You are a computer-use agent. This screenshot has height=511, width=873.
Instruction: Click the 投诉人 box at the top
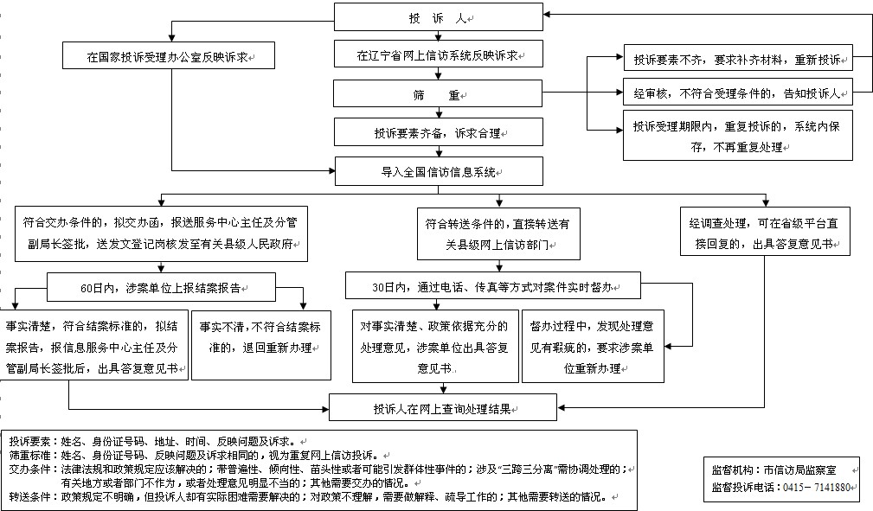pos(438,17)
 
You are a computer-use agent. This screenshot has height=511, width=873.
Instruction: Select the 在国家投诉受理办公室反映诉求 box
pos(169,55)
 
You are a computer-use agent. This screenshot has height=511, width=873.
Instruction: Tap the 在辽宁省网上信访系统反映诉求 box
pos(438,54)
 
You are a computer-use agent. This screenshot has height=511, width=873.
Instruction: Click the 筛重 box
pos(438,93)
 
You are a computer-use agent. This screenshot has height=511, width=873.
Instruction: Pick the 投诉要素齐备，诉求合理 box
pos(438,132)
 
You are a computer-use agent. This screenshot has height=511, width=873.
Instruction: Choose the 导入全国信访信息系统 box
pos(439,171)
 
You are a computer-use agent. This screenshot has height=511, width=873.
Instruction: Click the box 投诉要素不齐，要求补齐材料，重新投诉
pos(738,58)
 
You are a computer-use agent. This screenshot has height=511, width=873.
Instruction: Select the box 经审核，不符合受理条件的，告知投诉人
pos(738,92)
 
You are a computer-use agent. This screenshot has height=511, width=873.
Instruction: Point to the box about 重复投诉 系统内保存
pos(738,135)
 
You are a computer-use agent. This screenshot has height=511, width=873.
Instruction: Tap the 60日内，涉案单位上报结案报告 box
pos(161,287)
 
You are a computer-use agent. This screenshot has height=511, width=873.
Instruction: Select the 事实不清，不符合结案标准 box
pos(261,345)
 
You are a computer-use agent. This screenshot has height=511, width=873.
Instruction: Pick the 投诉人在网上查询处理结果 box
pos(443,407)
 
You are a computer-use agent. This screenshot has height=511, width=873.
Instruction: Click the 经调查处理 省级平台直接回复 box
pos(765,232)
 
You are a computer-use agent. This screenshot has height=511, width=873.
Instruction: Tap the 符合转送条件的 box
pos(499,233)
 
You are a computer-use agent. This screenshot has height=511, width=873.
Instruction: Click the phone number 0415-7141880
pos(817,487)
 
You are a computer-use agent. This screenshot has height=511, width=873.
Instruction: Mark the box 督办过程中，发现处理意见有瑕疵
pos(593,346)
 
